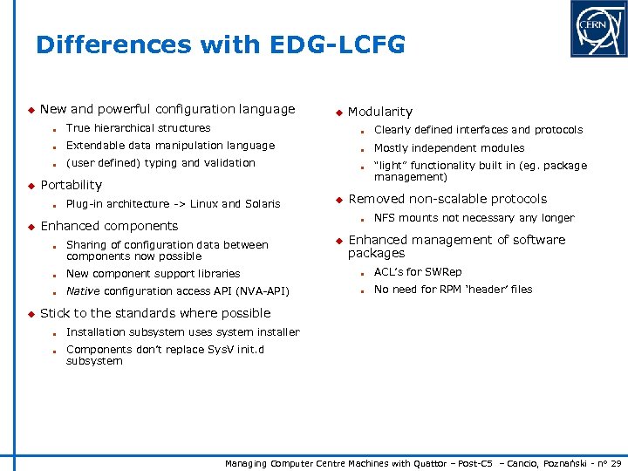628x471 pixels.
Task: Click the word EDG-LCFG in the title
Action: pos(338,45)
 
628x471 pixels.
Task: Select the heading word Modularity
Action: pos(380,112)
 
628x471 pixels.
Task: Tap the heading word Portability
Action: pos(71,185)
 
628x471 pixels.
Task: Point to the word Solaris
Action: pos(262,204)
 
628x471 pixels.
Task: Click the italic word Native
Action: pos(83,291)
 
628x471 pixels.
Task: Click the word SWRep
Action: pos(444,272)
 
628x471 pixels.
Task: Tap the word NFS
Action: pos(386,218)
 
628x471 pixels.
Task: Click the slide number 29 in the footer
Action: pos(615,462)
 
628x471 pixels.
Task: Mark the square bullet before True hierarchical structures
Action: pos(54,129)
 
